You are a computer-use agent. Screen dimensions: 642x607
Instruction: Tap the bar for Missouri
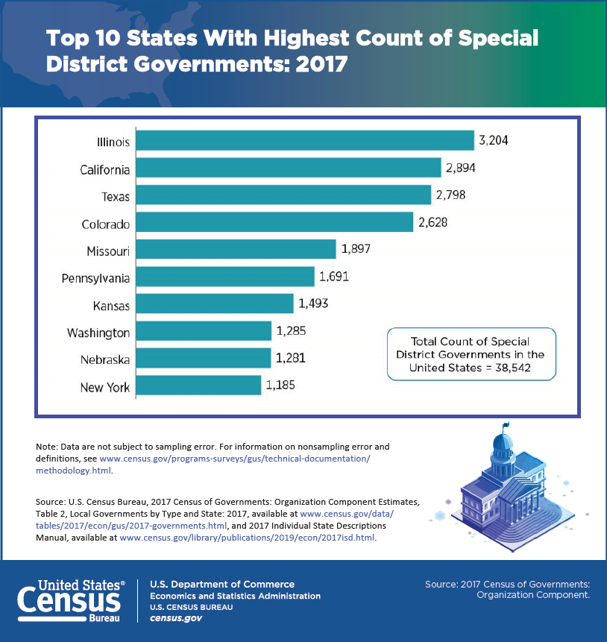pos(236,249)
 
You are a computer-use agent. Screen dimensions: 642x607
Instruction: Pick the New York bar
pos(199,385)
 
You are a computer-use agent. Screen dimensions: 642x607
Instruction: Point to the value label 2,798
pos(451,195)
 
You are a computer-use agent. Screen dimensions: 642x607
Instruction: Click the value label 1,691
pos(334,277)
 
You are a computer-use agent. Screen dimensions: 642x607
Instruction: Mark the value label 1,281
pos(290,359)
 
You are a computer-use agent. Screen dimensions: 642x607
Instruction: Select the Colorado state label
pos(105,224)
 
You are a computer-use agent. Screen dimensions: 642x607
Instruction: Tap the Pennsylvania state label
pos(95,278)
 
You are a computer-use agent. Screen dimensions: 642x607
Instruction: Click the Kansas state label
pos(112,306)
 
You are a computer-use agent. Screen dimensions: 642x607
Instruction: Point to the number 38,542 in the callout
pos(512,367)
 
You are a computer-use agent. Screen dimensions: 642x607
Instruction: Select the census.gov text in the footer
pos(176,618)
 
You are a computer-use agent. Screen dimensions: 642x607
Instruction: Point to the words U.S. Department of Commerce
pos(222,584)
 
